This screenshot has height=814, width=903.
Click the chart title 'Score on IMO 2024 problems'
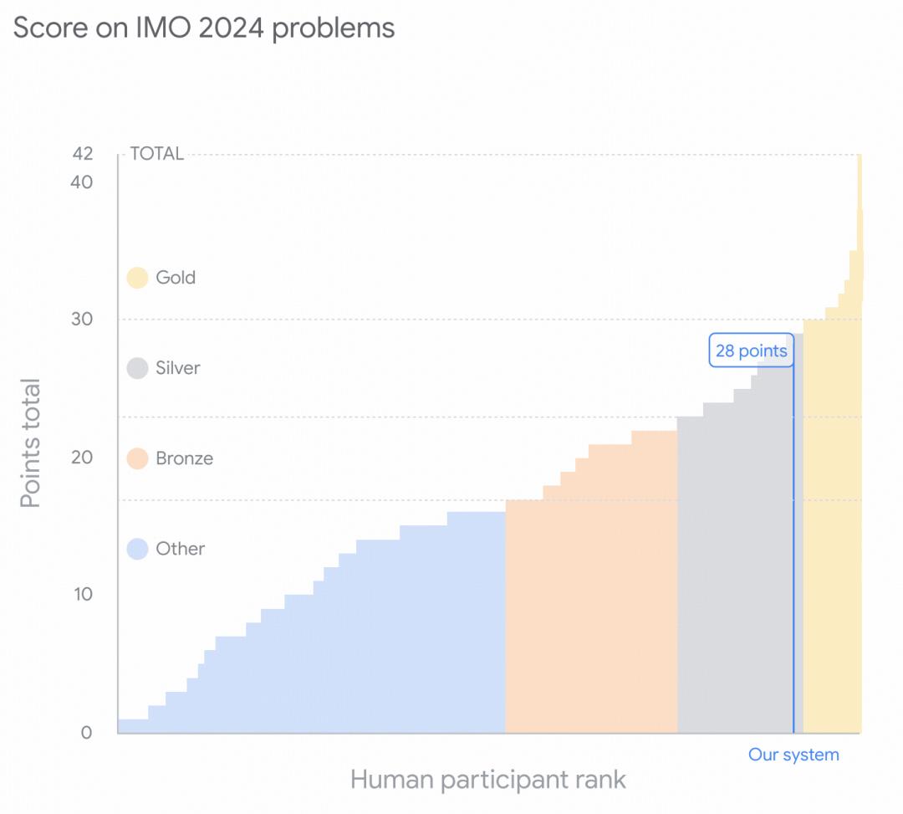(x=204, y=28)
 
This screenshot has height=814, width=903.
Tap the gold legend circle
(x=137, y=278)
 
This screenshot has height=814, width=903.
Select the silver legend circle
(x=137, y=368)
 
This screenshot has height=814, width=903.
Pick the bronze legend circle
(x=137, y=458)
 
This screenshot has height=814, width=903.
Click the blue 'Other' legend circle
(x=137, y=549)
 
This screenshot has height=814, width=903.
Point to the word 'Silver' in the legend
(x=178, y=368)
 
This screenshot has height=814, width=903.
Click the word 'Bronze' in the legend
(x=184, y=458)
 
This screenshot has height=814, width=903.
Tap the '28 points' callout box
(x=751, y=351)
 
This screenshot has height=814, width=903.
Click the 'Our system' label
(x=793, y=755)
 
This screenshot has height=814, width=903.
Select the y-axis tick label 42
(x=82, y=154)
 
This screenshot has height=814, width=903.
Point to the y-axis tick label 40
(x=82, y=182)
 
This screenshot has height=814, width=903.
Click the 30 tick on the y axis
(x=82, y=320)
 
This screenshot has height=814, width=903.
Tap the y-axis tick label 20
(x=82, y=458)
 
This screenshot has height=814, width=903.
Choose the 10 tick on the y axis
(x=82, y=594)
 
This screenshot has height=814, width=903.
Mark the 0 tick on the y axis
(x=87, y=733)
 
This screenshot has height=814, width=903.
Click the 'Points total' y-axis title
(x=31, y=443)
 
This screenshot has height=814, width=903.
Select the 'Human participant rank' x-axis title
(x=488, y=780)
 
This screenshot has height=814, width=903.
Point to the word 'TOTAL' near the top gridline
(x=156, y=154)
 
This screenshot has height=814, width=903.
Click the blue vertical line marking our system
(x=793, y=544)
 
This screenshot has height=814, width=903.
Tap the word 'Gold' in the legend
(x=176, y=278)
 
